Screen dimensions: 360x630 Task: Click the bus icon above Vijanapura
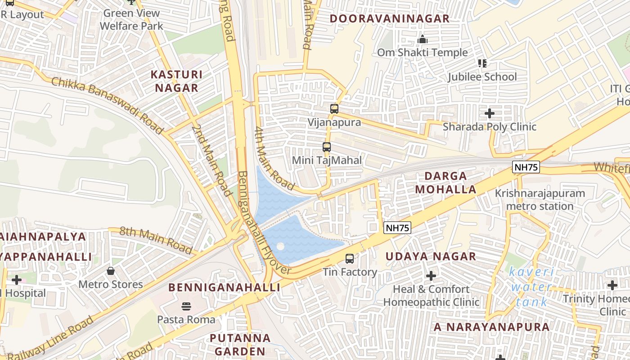[x=334, y=108]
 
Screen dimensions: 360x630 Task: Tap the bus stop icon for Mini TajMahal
[x=327, y=147]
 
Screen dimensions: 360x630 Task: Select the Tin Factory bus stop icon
[x=350, y=259]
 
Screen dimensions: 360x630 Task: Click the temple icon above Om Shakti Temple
[x=422, y=40]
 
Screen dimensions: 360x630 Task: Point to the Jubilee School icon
[x=482, y=63]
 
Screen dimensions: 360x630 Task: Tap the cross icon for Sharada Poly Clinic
[x=490, y=113]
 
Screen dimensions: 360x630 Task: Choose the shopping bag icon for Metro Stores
[x=111, y=271]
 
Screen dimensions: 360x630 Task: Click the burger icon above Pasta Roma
[x=186, y=306]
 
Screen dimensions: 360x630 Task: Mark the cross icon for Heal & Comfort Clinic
[x=431, y=275]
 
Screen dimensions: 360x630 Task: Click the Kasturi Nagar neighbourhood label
[x=176, y=81]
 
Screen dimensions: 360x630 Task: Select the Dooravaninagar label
[x=389, y=18]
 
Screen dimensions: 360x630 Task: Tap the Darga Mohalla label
[x=445, y=182]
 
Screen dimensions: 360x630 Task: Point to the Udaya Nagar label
[x=431, y=256]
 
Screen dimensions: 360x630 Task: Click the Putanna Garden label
[x=240, y=344]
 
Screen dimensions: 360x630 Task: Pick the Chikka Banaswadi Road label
[x=107, y=105]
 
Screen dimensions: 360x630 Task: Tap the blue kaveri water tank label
[x=531, y=287]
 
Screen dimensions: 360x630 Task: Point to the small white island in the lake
[x=280, y=247]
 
